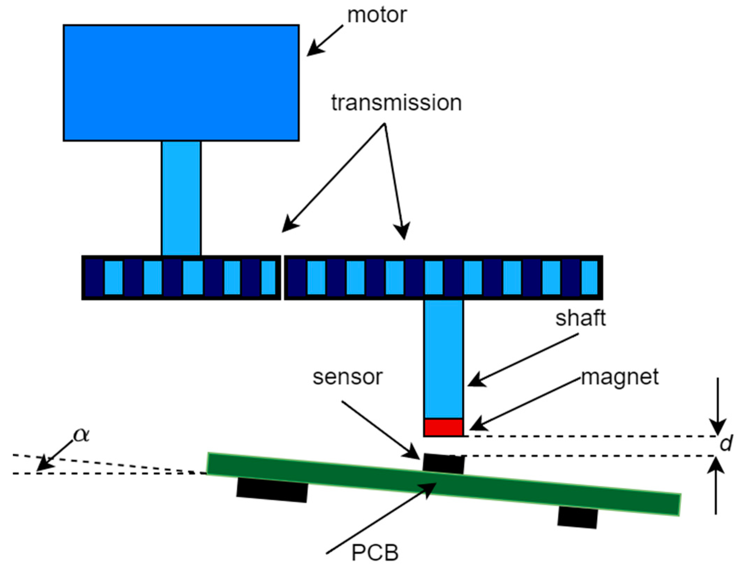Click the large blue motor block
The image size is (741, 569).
[181, 83]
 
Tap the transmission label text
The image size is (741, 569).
[396, 103]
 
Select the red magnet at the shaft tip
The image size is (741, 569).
[443, 427]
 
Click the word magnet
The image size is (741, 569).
[620, 377]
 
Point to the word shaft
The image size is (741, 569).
[580, 318]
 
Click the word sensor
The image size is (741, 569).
[348, 377]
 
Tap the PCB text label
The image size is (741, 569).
[375, 553]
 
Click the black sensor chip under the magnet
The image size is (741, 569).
[443, 464]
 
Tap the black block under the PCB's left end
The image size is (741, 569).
[272, 490]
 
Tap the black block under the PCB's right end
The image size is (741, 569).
[578, 517]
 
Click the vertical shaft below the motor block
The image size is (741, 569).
[181, 198]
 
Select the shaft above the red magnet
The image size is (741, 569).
[443, 359]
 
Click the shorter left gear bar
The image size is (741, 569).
[181, 277]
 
